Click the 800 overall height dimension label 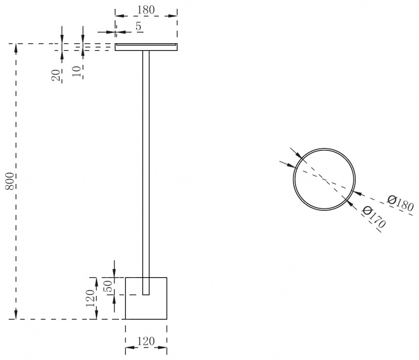point(10,181)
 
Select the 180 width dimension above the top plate point(146,10)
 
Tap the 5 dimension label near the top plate point(138,26)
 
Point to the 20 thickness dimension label point(56,75)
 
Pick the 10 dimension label point(77,71)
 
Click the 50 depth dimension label point(107,287)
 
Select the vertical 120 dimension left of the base point(90,298)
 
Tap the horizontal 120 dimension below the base point(146,341)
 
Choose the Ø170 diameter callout point(374,217)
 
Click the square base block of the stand point(146,298)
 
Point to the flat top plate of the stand point(146,47)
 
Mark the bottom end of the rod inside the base point(146,295)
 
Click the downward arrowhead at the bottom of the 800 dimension point(16,314)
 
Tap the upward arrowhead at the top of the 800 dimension point(16,49)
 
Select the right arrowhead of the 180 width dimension point(172,16)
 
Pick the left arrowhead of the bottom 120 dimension point(131,347)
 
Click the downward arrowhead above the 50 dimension point(115,272)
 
